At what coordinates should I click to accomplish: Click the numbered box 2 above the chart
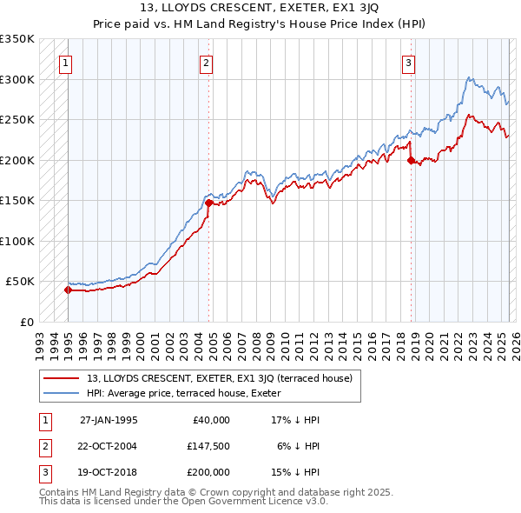tap(206, 63)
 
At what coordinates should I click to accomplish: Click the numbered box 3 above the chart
tap(407, 63)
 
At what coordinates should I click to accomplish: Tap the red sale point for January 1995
tap(68, 290)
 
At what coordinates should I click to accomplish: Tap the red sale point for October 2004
tap(209, 203)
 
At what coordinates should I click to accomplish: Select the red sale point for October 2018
tap(411, 160)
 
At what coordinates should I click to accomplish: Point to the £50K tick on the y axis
tap(19, 282)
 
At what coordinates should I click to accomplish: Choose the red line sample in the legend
tap(63, 378)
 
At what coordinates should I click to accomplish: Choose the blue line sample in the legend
tap(63, 393)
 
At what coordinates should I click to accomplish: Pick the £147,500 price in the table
tap(208, 445)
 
